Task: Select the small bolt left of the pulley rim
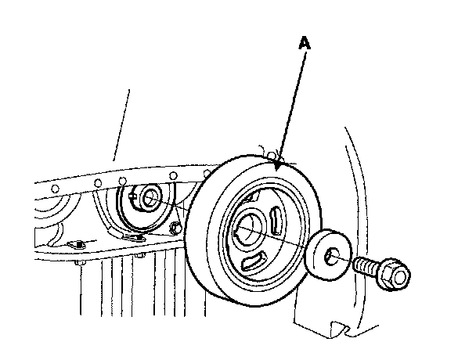177,228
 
